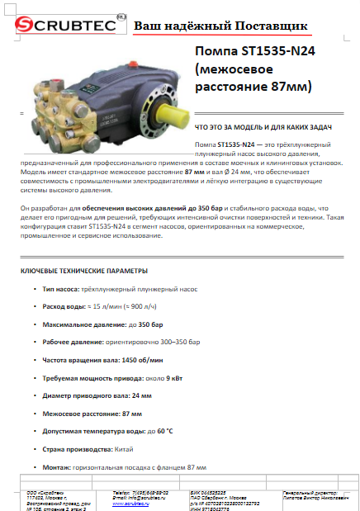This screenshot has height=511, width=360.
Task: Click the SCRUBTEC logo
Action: [x=61, y=26]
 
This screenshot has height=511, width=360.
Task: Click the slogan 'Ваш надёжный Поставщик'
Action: [x=220, y=27]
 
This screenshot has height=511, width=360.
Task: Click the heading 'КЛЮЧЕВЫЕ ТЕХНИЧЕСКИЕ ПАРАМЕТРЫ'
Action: [x=84, y=271]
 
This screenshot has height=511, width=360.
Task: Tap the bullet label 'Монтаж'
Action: [x=58, y=467]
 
